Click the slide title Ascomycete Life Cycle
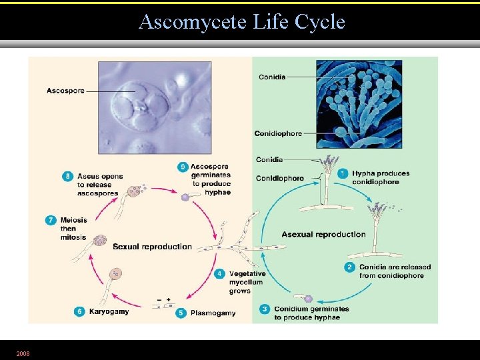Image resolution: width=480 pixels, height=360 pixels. pyautogui.click(x=241, y=22)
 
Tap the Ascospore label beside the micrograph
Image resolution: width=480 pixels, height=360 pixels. pyautogui.click(x=65, y=91)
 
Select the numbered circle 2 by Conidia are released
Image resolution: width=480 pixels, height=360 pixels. pyautogui.click(x=349, y=267)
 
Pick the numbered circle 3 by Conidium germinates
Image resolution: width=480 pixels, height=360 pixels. pyautogui.click(x=265, y=309)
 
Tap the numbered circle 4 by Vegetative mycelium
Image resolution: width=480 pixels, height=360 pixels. pyautogui.click(x=220, y=273)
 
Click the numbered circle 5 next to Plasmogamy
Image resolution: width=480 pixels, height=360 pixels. pyautogui.click(x=181, y=312)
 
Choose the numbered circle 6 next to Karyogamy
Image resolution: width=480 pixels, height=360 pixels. pyautogui.click(x=79, y=311)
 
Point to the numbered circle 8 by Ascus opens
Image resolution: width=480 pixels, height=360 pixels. pyautogui.click(x=67, y=177)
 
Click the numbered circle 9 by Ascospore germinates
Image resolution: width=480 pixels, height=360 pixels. pyautogui.click(x=182, y=166)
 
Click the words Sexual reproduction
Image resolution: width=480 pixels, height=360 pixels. pyautogui.click(x=152, y=247)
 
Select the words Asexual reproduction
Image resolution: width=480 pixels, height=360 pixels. pyautogui.click(x=323, y=235)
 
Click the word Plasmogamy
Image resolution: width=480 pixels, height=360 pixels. pyautogui.click(x=213, y=313)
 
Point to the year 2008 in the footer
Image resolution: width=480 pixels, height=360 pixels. pyautogui.click(x=24, y=353)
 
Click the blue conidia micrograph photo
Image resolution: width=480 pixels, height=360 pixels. pyautogui.click(x=359, y=104)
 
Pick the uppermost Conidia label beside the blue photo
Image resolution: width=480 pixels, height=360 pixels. pyautogui.click(x=271, y=77)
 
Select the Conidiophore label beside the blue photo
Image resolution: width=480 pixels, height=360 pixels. pyautogui.click(x=278, y=133)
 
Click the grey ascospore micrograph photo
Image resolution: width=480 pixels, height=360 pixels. pyautogui.click(x=155, y=107)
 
